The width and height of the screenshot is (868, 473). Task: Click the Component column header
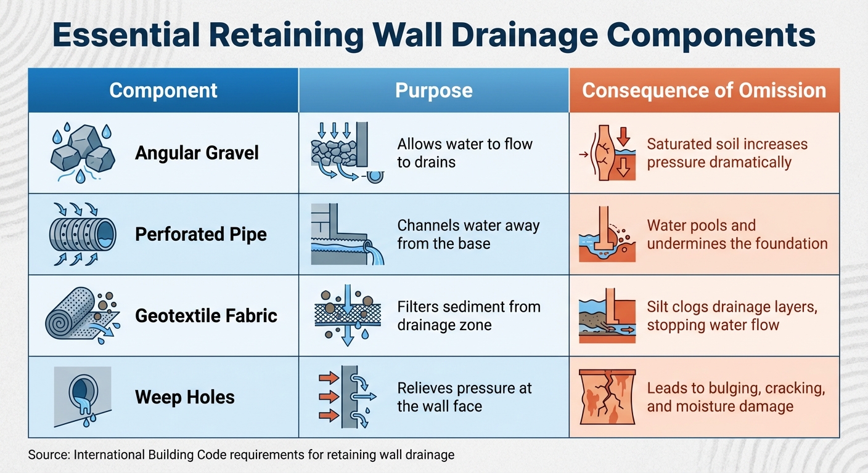tap(163, 91)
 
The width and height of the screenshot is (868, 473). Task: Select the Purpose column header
tap(433, 91)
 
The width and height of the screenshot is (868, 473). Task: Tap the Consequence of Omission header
tap(704, 91)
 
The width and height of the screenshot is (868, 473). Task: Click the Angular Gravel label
tap(197, 153)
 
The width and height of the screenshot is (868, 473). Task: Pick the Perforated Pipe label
tap(201, 234)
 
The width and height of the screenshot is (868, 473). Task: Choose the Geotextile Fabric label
tap(206, 315)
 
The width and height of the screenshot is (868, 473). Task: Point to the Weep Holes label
tap(185, 397)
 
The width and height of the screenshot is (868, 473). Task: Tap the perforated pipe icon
tap(82, 234)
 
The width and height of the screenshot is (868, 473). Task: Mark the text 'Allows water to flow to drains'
tap(465, 153)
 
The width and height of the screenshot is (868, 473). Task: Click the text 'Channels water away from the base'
tap(469, 234)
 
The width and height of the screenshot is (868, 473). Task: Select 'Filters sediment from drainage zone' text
tap(469, 315)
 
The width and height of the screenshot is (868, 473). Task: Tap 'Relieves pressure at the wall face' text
tap(465, 397)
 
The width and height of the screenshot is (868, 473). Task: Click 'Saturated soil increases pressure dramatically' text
tap(727, 153)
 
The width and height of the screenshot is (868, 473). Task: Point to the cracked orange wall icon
tap(608, 397)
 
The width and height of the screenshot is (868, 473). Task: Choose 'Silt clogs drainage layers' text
tap(732, 307)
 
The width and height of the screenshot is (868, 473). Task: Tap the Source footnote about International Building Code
tap(241, 455)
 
